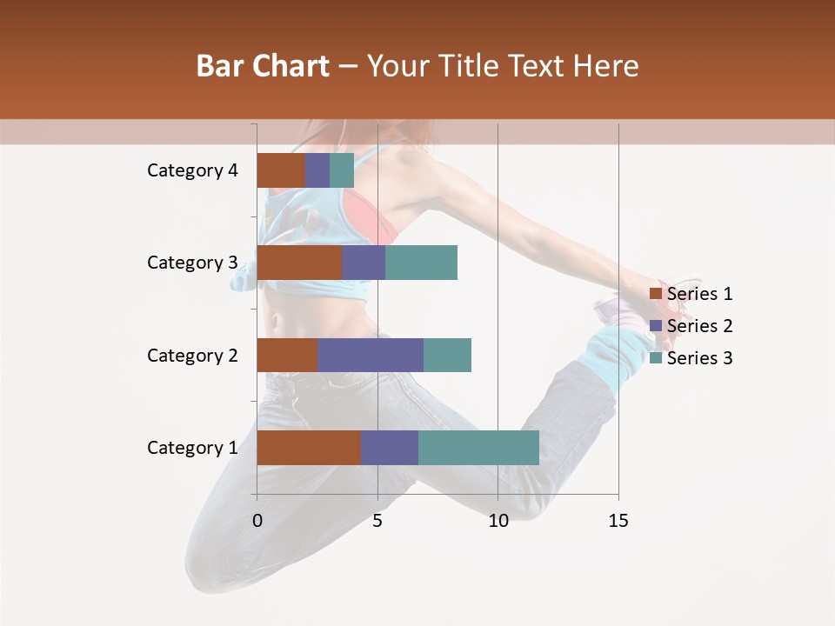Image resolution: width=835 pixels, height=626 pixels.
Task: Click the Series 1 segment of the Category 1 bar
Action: click(x=309, y=448)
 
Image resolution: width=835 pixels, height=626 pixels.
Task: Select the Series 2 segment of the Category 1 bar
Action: click(x=390, y=448)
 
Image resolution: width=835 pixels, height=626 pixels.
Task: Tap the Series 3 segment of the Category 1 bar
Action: click(x=478, y=448)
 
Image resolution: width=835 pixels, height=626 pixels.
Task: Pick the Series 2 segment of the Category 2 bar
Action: click(x=371, y=355)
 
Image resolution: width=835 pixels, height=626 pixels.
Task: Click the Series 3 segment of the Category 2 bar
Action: click(x=447, y=355)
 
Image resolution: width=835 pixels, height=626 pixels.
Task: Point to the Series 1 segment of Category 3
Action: click(x=299, y=263)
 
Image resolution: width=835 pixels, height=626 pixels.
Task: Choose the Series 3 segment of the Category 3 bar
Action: click(x=421, y=263)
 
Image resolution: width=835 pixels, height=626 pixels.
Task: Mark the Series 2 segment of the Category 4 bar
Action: click(x=317, y=170)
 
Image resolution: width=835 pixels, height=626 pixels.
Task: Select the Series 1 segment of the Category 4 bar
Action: click(x=281, y=170)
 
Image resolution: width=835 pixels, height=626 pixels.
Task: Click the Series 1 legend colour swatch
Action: click(x=655, y=294)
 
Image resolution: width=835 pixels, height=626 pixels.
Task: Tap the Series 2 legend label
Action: click(x=699, y=326)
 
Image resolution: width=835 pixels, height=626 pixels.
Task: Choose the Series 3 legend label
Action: click(x=699, y=358)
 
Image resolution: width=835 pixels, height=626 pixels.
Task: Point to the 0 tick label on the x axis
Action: click(x=257, y=521)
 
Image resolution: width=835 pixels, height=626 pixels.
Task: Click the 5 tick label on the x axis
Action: click(x=377, y=521)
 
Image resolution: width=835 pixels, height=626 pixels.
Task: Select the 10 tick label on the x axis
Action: click(x=498, y=521)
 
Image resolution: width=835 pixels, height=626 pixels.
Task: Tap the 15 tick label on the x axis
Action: click(x=618, y=521)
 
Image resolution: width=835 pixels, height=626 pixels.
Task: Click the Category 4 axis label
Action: click(x=192, y=170)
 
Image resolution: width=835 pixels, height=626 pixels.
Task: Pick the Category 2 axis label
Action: click(x=192, y=355)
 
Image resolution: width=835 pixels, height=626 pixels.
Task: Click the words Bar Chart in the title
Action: click(x=263, y=66)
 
